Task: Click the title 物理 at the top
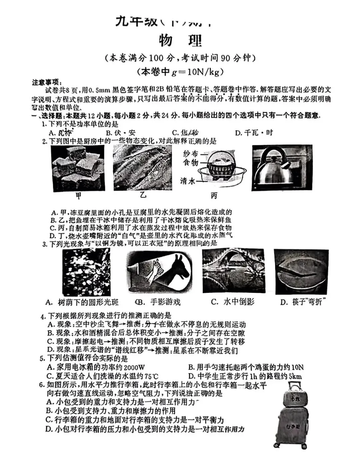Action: (180, 41)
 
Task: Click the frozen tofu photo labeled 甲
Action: (79, 168)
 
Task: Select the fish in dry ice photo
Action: (142, 168)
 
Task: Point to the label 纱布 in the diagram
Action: (190, 154)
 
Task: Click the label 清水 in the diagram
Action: (188, 181)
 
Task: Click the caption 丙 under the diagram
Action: (214, 196)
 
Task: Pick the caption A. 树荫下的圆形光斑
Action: (82, 302)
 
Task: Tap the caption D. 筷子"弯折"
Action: (303, 302)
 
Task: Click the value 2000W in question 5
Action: (134, 367)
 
